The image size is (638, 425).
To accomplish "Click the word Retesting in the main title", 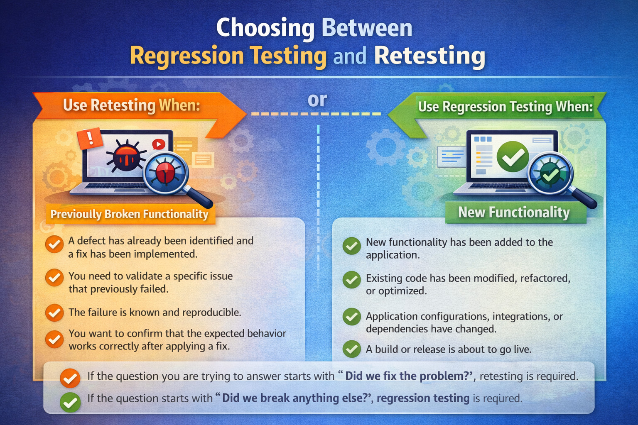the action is click(x=429, y=56).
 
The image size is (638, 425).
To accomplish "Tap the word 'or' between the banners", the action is click(x=317, y=100).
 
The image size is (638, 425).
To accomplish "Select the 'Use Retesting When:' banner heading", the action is click(x=131, y=105).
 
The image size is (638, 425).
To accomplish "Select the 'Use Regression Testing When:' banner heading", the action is click(x=505, y=107).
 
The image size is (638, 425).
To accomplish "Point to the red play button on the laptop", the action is click(x=159, y=144).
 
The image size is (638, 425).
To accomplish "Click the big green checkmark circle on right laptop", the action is click(x=513, y=156).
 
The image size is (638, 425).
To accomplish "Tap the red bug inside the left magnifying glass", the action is click(x=165, y=172).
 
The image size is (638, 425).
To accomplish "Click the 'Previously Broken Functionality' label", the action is click(x=129, y=214).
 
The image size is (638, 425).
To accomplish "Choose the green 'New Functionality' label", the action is click(x=514, y=212).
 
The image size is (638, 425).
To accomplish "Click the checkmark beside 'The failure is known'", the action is click(x=54, y=313).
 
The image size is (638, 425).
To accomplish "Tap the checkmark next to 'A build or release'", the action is click(x=352, y=349).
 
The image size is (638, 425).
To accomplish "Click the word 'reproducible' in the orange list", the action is click(x=211, y=313).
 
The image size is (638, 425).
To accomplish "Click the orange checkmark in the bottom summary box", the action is click(x=70, y=378).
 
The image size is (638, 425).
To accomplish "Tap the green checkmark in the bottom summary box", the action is click(x=70, y=402).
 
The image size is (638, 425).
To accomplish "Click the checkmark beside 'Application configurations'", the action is click(x=352, y=317).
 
